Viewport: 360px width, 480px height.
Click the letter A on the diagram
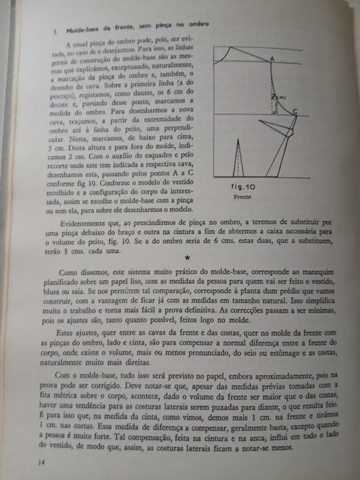point(272,60)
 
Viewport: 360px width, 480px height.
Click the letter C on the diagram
point(294,112)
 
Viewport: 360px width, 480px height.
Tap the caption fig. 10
point(243,187)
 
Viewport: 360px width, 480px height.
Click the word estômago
point(283,347)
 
